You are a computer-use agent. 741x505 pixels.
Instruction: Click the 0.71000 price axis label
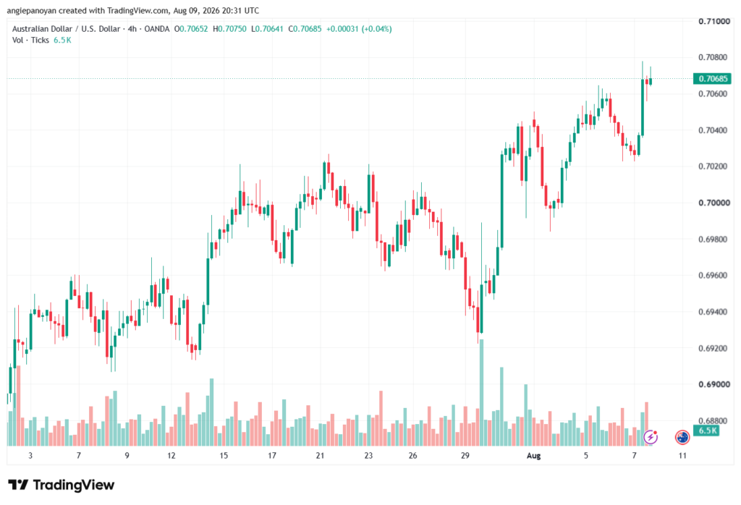pos(714,21)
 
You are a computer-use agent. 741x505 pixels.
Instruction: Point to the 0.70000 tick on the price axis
pos(714,203)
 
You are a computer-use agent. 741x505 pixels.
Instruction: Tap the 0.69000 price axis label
pos(714,384)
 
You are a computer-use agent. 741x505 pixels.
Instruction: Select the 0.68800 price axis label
pos(714,420)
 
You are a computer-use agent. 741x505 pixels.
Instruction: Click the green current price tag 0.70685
pos(712,78)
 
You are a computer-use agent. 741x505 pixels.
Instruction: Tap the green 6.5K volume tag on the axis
pos(706,430)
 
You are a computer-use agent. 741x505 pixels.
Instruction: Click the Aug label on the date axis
pos(533,455)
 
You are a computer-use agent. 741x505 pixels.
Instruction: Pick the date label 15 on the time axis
pos(223,455)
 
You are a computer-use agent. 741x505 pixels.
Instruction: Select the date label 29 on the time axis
pos(465,455)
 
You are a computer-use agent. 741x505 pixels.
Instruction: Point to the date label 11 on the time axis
pos(682,455)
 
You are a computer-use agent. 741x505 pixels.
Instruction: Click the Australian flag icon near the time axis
pos(682,438)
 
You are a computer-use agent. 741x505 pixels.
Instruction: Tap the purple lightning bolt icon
pos(651,438)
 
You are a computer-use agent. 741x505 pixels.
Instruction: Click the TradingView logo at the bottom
pos(62,485)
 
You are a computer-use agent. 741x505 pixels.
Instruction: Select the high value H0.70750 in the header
pos(229,29)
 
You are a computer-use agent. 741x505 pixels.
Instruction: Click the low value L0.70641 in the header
pos(267,29)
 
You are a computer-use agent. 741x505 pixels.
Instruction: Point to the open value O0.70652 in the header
pos(191,29)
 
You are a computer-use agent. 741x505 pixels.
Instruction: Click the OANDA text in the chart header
pos(156,29)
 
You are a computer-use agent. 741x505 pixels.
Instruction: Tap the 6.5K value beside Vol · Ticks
pos(62,41)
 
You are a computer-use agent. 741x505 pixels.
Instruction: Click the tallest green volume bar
pos(481,393)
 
